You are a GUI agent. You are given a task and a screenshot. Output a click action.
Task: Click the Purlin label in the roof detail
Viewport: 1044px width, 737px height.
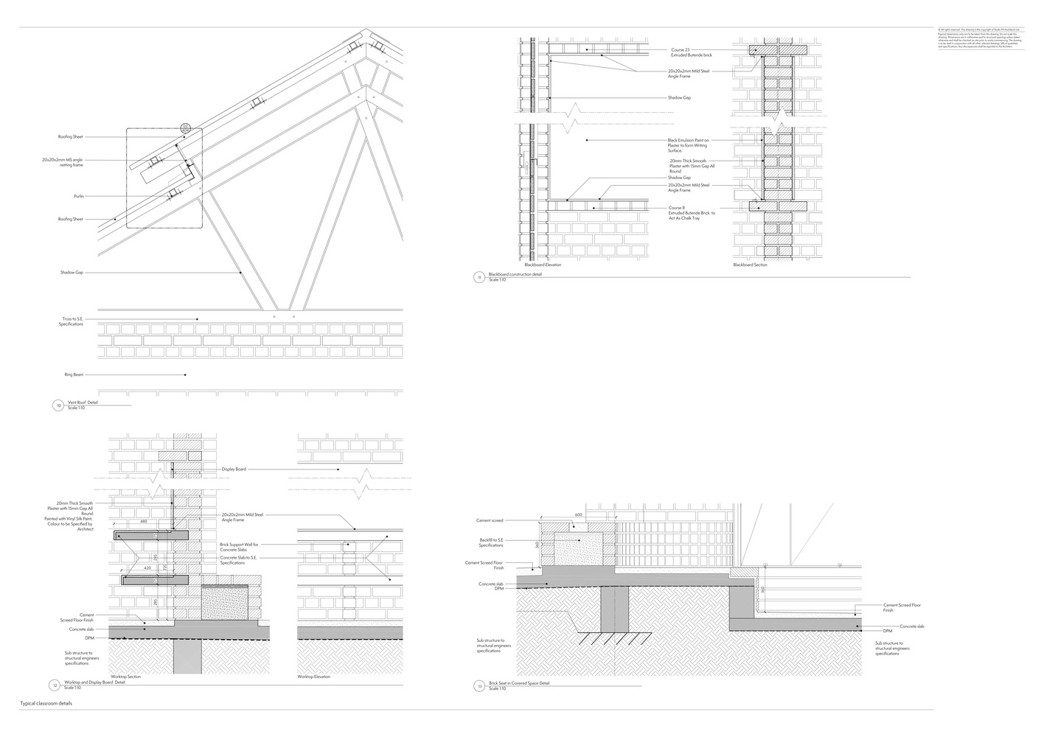tap(77, 196)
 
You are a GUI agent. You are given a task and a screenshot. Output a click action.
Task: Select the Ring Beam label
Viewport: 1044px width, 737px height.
tap(73, 375)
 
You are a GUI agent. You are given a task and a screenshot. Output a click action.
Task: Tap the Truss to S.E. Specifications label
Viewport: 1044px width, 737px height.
tap(71, 322)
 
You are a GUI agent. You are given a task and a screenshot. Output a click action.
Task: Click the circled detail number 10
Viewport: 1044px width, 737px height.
tap(58, 405)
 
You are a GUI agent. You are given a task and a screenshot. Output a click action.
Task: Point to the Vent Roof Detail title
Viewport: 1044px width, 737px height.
tap(83, 402)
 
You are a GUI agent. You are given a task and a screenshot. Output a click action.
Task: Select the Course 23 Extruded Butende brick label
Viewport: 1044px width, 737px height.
tap(691, 52)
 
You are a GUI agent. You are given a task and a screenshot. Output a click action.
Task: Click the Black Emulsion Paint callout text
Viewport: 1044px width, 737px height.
tap(689, 145)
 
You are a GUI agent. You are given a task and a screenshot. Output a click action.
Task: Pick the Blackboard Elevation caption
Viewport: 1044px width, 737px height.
tap(542, 265)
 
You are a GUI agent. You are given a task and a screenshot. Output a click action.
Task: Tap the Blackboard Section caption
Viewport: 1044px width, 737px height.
tap(750, 265)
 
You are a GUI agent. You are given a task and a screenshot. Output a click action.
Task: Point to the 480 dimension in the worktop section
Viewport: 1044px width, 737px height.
tap(143, 522)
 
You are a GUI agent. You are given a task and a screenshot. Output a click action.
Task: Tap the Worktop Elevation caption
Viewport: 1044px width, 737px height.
tap(313, 677)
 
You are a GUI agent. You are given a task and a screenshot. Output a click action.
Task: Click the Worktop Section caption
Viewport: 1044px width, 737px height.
tap(125, 677)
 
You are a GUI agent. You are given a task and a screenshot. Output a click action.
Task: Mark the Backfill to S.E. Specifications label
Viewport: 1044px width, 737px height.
tap(491, 542)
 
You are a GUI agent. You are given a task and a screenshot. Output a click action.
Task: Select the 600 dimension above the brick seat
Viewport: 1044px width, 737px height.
tap(578, 515)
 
